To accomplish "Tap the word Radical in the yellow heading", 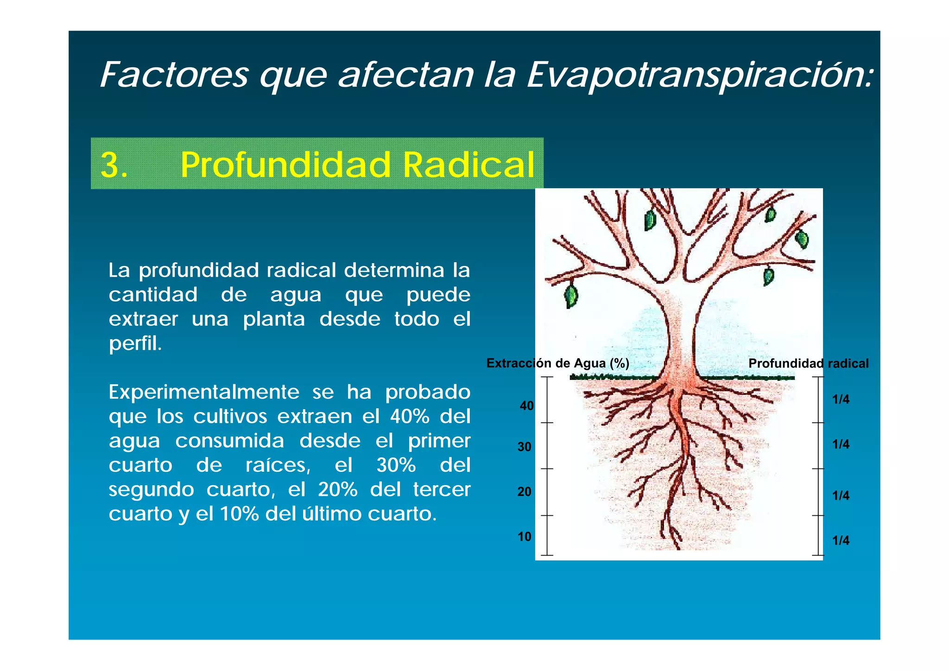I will (x=469, y=165).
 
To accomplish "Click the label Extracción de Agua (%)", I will (x=557, y=363).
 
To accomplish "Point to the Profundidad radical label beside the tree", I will (x=808, y=364).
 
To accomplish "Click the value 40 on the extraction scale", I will (x=526, y=406).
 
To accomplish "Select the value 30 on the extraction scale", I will (x=524, y=447).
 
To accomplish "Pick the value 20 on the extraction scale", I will (x=524, y=492).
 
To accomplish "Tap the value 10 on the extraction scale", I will (x=524, y=537).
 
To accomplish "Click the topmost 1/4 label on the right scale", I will (x=841, y=399).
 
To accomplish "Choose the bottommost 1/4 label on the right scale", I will (x=841, y=540).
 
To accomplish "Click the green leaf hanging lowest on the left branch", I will (x=571, y=297).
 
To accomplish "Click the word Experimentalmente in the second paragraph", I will (x=204, y=392).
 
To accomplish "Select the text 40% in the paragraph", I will (x=410, y=417).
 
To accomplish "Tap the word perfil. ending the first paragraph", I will (x=135, y=343).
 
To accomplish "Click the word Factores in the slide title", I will (x=174, y=75).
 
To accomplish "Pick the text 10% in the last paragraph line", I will (x=239, y=514).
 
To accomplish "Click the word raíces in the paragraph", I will (x=277, y=465).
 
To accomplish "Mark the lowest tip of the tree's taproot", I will (x=679, y=548).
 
